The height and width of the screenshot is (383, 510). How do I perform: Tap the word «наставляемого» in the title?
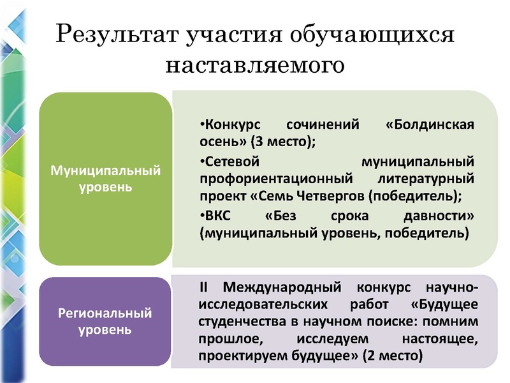point(255,64)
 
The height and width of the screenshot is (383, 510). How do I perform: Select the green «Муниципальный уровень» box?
point(105,179)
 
